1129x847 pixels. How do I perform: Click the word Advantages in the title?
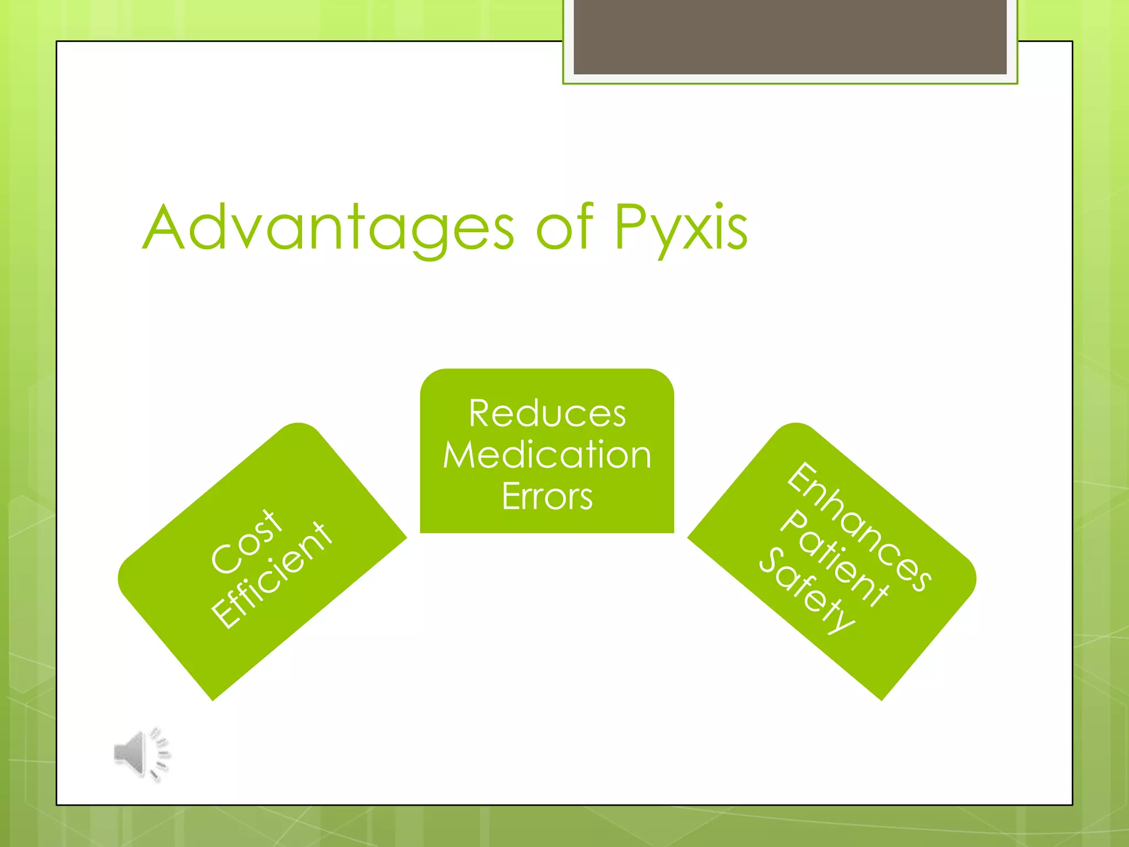coord(329,227)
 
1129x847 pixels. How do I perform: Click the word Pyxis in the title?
coord(680,227)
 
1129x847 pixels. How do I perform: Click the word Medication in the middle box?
coord(547,455)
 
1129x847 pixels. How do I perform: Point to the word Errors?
coord(547,497)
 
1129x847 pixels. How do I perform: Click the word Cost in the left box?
coord(248,542)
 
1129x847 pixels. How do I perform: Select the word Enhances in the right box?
coord(859,527)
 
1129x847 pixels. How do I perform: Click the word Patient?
coord(834,558)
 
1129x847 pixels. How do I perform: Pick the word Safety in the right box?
coord(807,591)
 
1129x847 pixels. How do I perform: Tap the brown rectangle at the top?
coord(789,36)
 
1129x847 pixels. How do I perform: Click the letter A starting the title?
coord(163,227)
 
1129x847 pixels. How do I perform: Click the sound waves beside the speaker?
coord(160,753)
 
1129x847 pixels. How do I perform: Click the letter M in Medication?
coord(460,455)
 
